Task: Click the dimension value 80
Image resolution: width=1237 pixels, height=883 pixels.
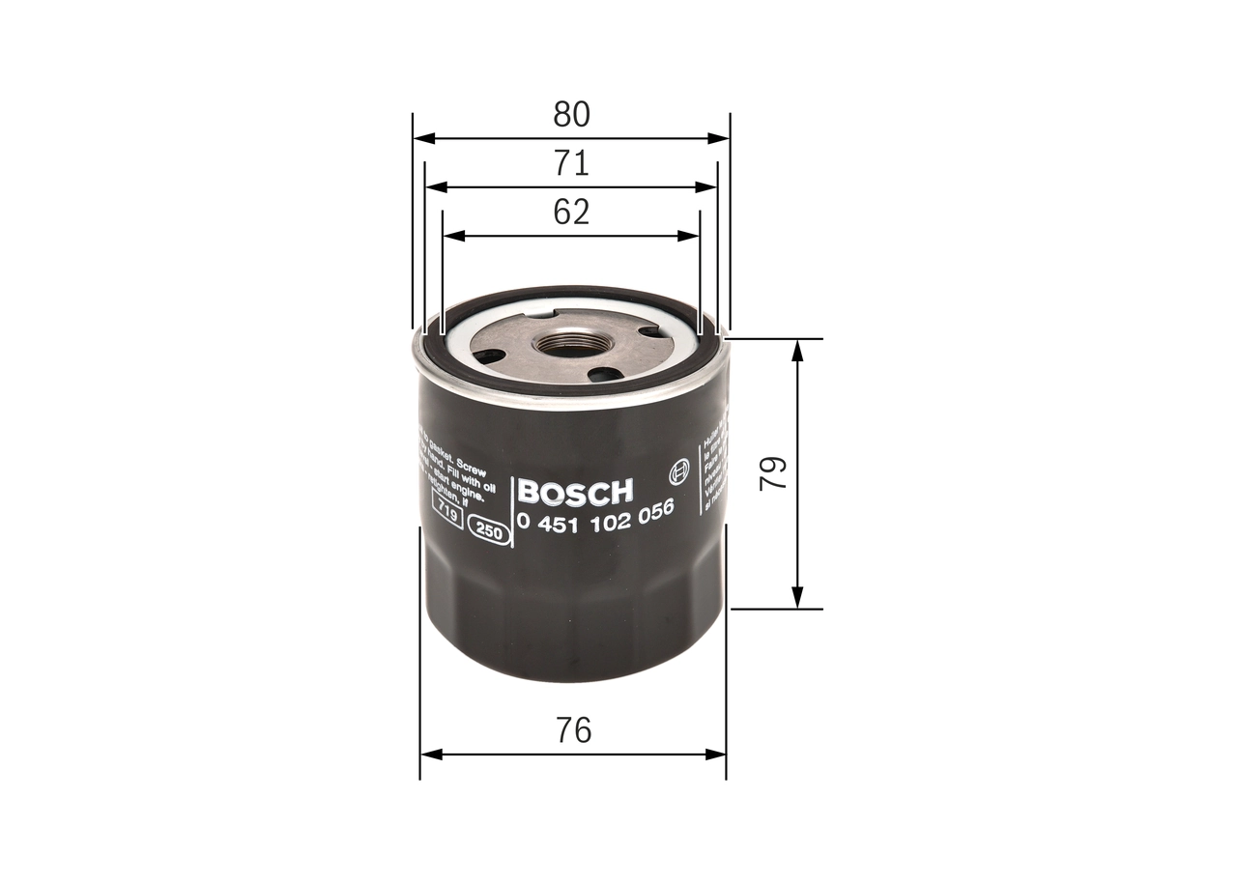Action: point(571,115)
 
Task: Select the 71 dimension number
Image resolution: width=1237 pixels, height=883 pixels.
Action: point(571,163)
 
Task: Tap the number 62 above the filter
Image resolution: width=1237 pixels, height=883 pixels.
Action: point(571,212)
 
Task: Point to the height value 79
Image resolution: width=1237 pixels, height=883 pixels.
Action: point(773,473)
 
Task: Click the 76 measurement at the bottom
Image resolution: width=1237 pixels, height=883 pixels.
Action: point(573,730)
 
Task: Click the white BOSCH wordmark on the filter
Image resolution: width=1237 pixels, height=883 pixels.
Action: point(575,492)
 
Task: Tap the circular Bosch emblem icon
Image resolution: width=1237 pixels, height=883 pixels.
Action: point(677,473)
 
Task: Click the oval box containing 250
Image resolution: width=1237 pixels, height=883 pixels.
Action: point(489,529)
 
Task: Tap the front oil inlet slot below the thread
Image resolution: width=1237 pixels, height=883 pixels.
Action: point(605,375)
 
